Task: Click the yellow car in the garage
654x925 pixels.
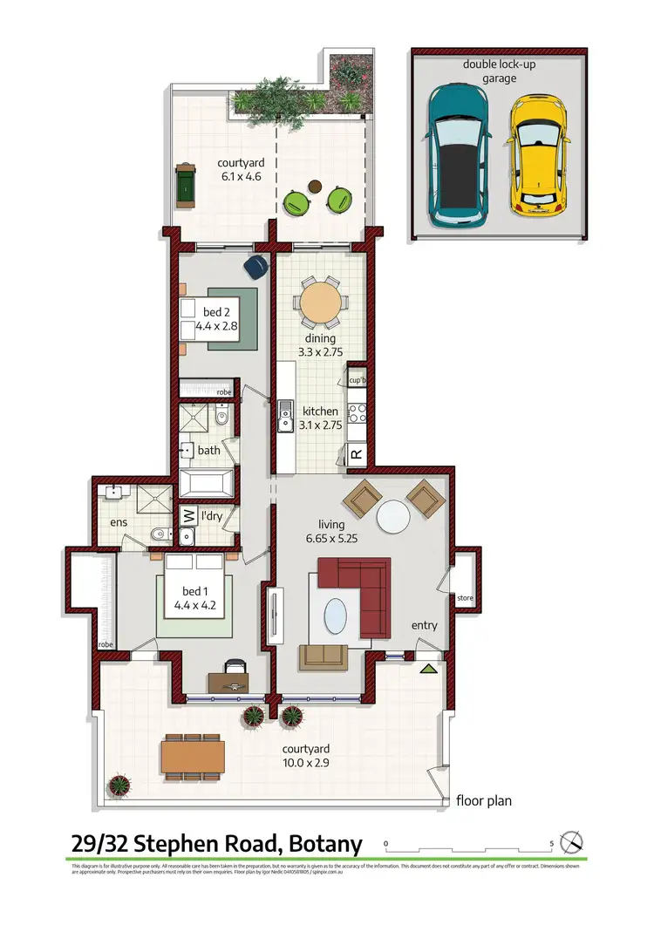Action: click(x=538, y=154)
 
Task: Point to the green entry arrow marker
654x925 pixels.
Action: click(x=428, y=669)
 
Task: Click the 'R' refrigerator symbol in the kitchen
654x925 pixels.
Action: click(x=357, y=454)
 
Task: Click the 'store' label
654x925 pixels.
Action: click(x=465, y=598)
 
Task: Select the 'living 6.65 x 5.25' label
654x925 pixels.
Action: click(x=331, y=531)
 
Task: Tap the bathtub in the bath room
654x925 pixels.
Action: click(x=207, y=482)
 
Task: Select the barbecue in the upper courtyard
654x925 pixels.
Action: click(x=186, y=184)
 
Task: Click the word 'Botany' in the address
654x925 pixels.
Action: click(x=319, y=844)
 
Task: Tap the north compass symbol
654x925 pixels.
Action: click(x=572, y=843)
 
